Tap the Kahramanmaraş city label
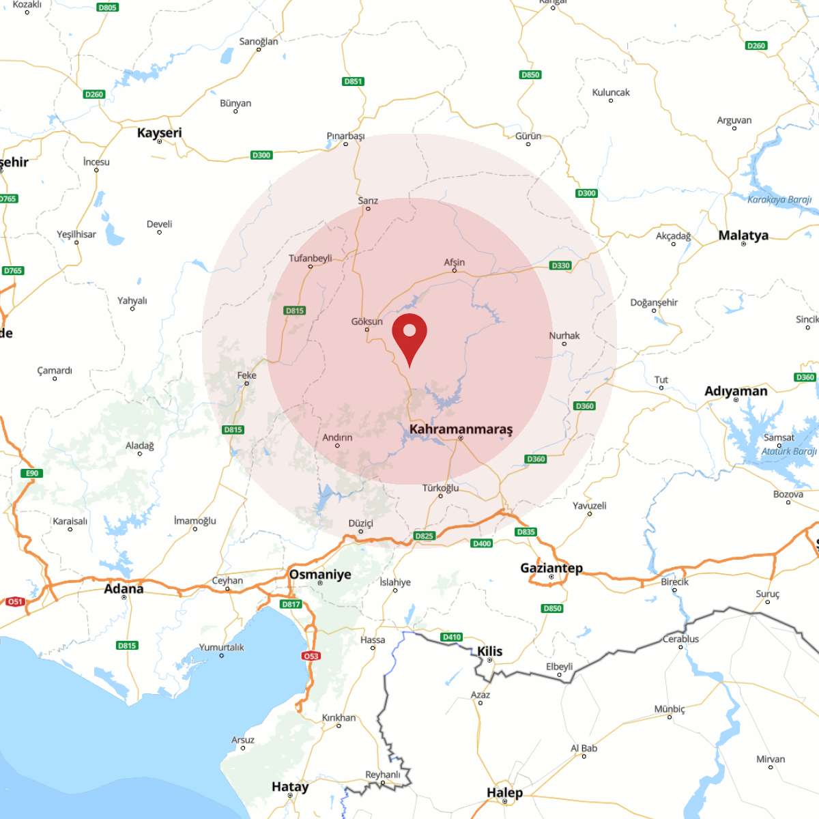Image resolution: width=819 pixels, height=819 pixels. click(x=461, y=429)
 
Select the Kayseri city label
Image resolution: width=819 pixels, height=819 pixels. click(x=160, y=132)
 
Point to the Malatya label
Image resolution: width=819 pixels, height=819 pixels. click(x=743, y=235)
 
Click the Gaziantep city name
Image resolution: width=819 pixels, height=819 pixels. click(x=551, y=568)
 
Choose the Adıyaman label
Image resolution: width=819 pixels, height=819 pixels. click(x=736, y=391)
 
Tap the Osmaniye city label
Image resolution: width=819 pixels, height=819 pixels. click(x=320, y=574)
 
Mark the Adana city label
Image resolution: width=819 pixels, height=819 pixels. click(x=124, y=588)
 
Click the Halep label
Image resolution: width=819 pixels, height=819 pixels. click(x=504, y=792)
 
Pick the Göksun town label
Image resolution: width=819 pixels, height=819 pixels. click(x=367, y=321)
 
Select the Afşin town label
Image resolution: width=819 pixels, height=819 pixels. click(x=455, y=262)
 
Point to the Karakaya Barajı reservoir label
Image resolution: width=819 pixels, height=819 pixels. click(x=779, y=200)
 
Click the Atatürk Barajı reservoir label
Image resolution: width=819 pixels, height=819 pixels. click(x=790, y=451)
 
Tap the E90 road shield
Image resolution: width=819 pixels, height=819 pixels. click(x=31, y=473)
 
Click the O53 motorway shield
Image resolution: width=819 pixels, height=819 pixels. click(x=311, y=656)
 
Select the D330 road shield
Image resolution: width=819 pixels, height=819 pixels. click(x=560, y=265)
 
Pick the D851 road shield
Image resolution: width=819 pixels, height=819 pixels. click(x=353, y=81)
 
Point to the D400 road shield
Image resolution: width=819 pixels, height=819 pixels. click(x=482, y=543)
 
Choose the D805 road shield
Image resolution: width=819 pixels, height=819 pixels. click(x=107, y=8)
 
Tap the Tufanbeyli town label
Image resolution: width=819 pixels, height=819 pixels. click(x=311, y=258)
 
